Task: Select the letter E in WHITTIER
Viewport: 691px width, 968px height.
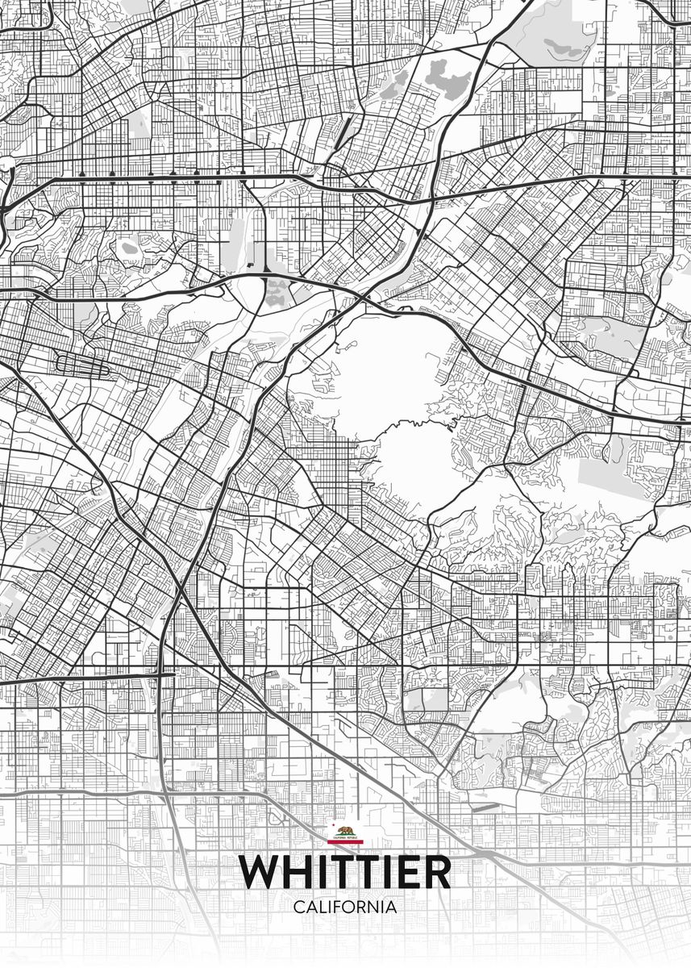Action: coord(405,872)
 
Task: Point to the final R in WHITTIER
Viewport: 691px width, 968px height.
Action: coord(435,872)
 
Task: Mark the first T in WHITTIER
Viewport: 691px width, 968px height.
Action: coord(343,872)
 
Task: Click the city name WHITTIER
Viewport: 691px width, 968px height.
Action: coord(345,872)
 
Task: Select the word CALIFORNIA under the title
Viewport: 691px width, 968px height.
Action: coord(345,907)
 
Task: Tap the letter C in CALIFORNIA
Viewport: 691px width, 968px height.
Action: coord(298,907)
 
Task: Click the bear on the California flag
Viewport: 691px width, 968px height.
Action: coord(346,831)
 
